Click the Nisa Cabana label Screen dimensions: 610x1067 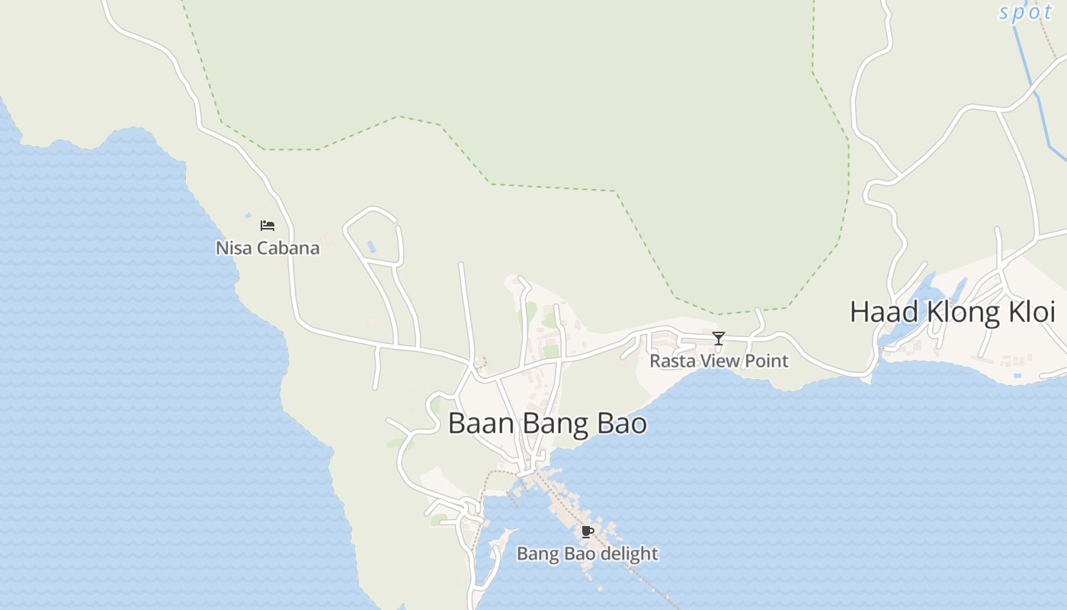(268, 248)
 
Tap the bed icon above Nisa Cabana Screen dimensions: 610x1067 (268, 226)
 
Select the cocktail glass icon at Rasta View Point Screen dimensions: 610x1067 (718, 338)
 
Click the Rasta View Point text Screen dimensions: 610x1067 (719, 360)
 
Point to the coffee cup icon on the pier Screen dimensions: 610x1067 (587, 531)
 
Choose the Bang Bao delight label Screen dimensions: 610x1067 (587, 553)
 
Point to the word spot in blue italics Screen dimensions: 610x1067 (1025, 12)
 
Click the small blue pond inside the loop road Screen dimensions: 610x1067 (371, 246)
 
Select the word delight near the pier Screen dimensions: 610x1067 (629, 553)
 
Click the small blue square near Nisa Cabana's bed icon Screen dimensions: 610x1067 (248, 216)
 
